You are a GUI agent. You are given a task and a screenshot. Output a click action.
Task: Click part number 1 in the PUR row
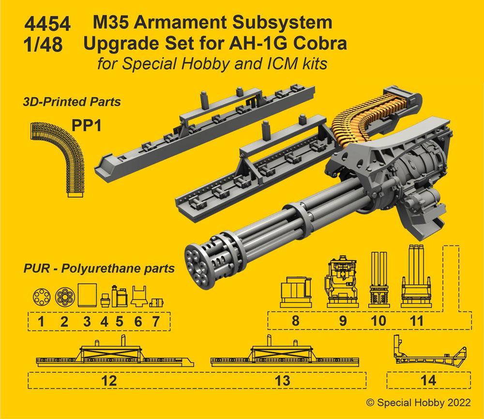41,321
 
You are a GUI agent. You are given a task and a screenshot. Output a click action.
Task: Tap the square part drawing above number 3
87,294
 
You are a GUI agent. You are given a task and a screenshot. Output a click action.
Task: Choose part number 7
155,321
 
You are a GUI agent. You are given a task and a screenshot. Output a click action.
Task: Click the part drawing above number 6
139,296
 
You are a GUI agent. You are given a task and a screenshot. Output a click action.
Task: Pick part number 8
296,320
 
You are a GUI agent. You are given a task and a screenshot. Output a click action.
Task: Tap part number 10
378,320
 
